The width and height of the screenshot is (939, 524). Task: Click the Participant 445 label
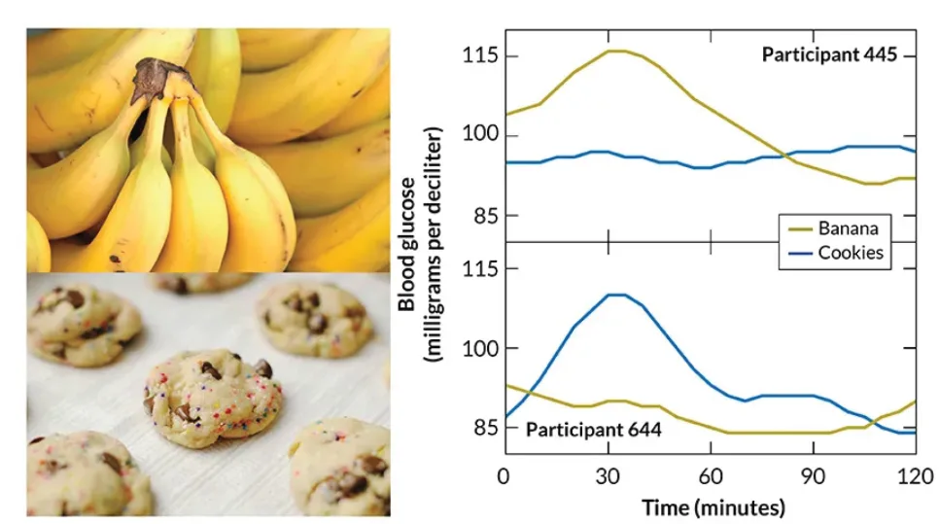coord(829,54)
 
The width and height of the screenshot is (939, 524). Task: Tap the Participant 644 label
coord(594,430)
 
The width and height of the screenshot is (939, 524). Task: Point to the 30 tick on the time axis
coord(608,476)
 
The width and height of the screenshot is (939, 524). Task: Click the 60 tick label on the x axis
coord(711,476)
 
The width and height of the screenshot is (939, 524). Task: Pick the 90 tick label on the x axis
coord(813,476)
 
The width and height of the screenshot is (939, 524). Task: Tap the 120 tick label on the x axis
coord(916,476)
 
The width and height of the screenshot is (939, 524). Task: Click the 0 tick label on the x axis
coord(504,476)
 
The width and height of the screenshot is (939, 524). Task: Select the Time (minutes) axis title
coord(713,507)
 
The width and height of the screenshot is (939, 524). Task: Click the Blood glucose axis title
coord(407,244)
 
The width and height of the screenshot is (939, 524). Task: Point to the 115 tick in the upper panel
coord(479,55)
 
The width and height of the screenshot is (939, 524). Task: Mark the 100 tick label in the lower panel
coord(479,348)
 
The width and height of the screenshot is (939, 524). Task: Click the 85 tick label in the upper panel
coord(486,215)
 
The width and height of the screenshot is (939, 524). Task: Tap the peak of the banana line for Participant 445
coord(617,51)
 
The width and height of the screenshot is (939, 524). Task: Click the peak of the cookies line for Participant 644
coord(617,295)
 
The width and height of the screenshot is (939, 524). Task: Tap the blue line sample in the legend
coord(800,254)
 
